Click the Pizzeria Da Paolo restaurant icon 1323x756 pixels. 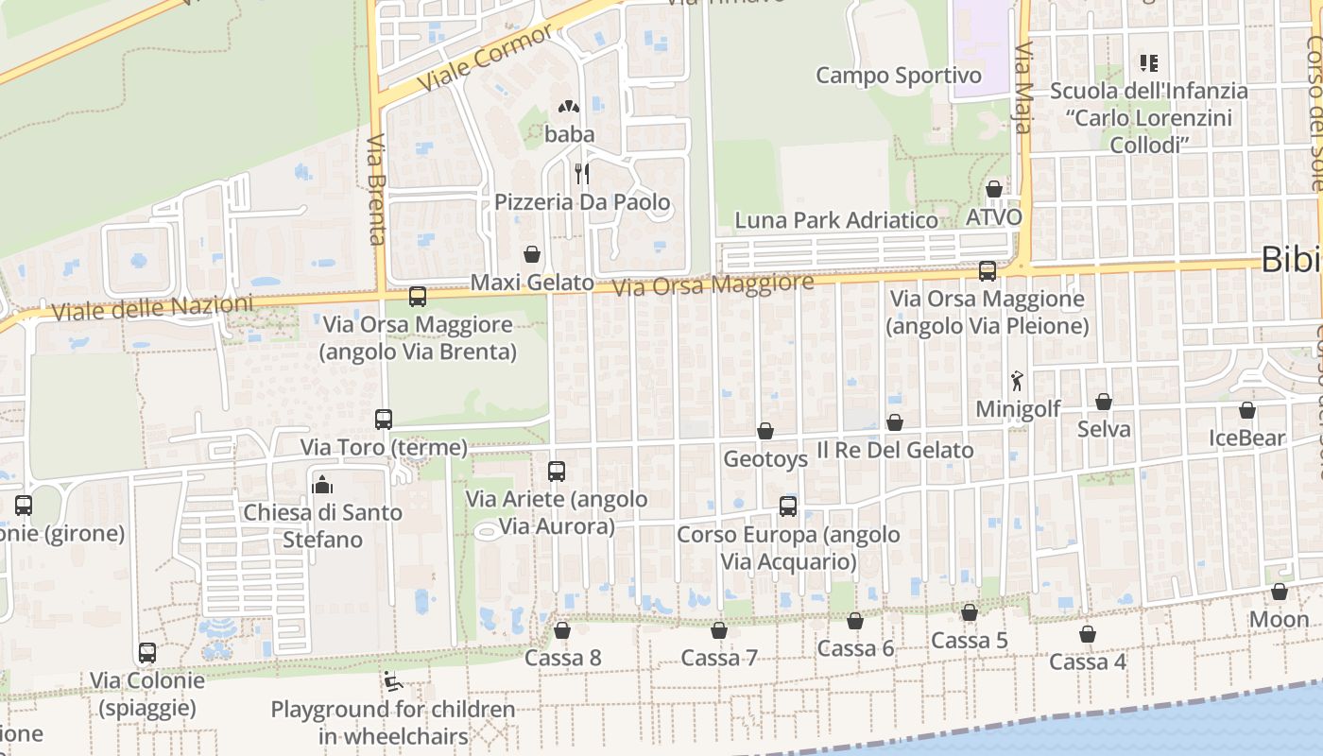click(582, 174)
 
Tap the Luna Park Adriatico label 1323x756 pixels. click(837, 220)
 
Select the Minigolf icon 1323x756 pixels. click(1017, 381)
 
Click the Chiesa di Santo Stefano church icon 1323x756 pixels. click(322, 486)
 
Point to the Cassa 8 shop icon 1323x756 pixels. click(562, 630)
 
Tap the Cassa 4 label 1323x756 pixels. click(1088, 661)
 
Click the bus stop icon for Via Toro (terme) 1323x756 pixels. click(384, 419)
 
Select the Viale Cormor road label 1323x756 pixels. click(485, 59)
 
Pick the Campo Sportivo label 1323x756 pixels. click(899, 76)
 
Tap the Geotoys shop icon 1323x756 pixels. click(765, 432)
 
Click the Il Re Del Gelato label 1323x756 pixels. click(895, 450)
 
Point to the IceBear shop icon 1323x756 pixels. click(1247, 411)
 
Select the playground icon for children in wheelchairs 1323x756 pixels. click(391, 680)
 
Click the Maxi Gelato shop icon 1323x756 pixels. click(532, 254)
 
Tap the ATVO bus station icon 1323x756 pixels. click(993, 189)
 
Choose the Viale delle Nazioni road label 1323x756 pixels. click(153, 308)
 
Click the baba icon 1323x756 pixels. click(569, 107)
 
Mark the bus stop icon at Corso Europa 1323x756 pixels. click(788, 506)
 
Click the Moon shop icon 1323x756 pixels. click(1280, 593)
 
